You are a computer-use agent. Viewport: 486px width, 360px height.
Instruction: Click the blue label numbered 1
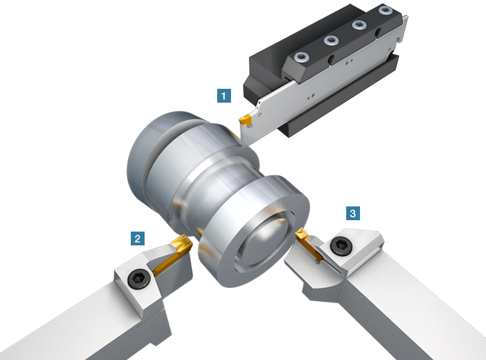pos(224,95)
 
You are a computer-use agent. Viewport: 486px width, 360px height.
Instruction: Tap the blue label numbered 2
pos(137,238)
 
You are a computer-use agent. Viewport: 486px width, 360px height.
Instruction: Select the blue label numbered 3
pos(353,214)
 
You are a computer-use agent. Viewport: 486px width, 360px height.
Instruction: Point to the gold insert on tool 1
pos(245,121)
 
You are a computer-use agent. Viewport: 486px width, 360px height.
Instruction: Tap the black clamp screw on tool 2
pos(139,278)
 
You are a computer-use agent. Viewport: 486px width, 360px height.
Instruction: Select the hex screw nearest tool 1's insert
pos(302,57)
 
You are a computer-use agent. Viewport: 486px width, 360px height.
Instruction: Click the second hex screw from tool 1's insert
pos(331,40)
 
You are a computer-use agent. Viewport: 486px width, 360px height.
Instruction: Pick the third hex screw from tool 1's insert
pos(359,25)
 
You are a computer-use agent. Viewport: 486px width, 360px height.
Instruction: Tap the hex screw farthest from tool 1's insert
pos(385,10)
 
